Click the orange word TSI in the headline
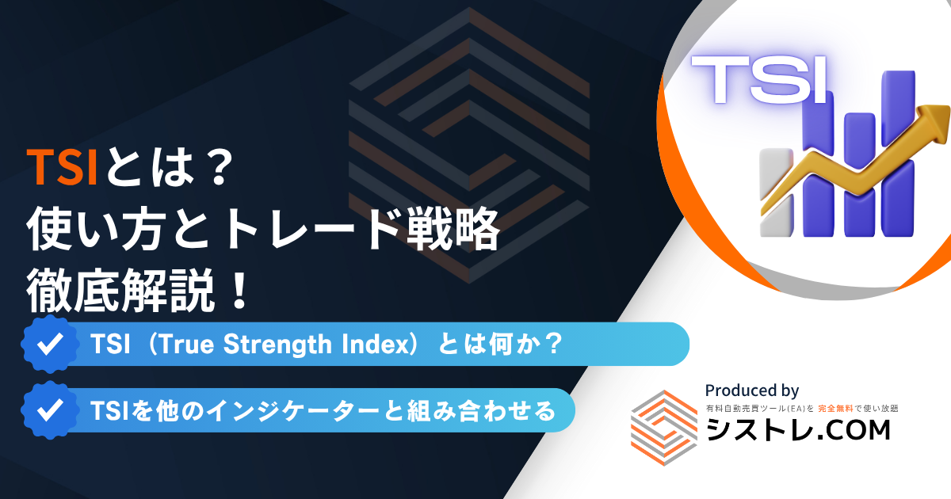pos(63,167)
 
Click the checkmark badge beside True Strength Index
pos(50,344)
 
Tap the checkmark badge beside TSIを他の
pos(50,410)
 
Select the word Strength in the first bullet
pos(277,345)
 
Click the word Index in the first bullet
pos(376,344)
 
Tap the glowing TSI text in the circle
pos(759,80)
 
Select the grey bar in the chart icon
pos(776,192)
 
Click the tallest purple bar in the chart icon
pos(899,153)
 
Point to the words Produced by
pos(752,390)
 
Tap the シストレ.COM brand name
pos(798,430)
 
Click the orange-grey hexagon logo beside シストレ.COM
pos(664,428)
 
